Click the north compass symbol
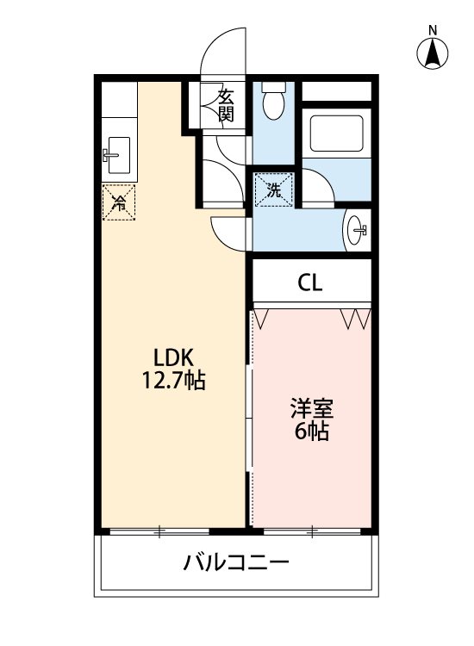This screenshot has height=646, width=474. (x=433, y=53)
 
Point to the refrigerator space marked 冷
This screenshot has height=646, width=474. (x=119, y=203)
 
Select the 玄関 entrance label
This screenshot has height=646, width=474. (x=225, y=103)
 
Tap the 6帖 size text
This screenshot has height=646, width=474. (x=311, y=432)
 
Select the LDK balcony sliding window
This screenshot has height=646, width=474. (x=159, y=531)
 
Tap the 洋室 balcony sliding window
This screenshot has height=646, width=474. (x=312, y=531)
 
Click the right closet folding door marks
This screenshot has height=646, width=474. (x=356, y=319)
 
